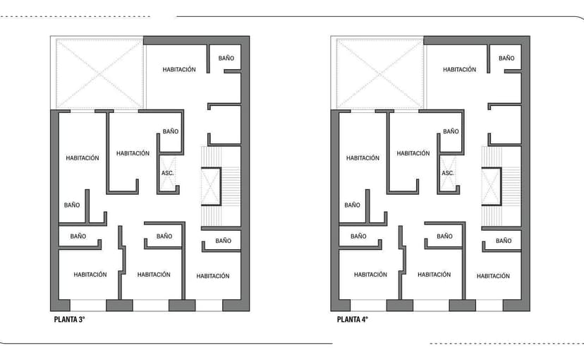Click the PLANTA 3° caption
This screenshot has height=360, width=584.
point(70,319)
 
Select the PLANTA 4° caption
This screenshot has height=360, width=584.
point(353,319)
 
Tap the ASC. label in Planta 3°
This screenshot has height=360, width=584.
point(168,173)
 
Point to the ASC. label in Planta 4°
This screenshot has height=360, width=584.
point(448,173)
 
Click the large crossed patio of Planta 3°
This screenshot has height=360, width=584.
point(99,73)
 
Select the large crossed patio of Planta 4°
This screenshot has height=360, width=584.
point(380,73)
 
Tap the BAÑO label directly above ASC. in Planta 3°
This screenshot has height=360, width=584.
point(171,131)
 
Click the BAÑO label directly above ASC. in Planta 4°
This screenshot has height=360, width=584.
point(451,131)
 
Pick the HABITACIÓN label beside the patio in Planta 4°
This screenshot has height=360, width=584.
point(460,69)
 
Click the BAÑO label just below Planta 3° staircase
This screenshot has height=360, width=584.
point(224,241)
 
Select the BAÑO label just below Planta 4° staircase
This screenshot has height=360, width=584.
point(504,241)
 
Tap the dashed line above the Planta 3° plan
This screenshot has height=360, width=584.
point(78,16)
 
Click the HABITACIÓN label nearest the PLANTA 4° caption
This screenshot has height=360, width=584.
point(371,275)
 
